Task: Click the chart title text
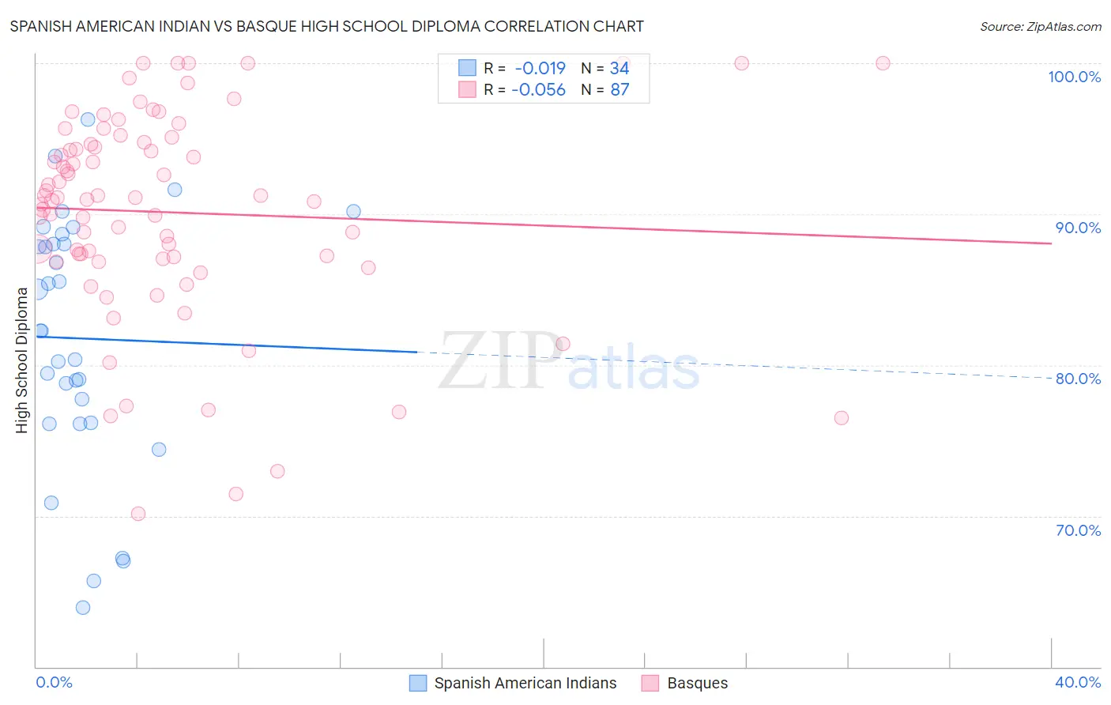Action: (x=326, y=26)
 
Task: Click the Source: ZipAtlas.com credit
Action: (x=1040, y=26)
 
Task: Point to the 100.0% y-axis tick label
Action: (x=1074, y=77)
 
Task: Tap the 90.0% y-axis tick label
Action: (x=1078, y=228)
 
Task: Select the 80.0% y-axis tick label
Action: (x=1078, y=379)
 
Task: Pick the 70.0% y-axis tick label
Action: (x=1078, y=530)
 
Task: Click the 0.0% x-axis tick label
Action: (x=54, y=682)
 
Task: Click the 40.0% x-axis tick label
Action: (x=1078, y=682)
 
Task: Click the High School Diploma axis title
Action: (x=22, y=360)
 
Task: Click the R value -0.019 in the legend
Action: (x=540, y=68)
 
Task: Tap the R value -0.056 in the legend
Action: (x=538, y=90)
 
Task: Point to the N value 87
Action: (x=620, y=90)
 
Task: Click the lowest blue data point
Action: (x=83, y=608)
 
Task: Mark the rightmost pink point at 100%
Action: (x=883, y=63)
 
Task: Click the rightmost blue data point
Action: (x=353, y=211)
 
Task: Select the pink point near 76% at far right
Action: (x=842, y=418)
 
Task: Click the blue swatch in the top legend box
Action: (x=468, y=68)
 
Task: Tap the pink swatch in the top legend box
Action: (x=468, y=90)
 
